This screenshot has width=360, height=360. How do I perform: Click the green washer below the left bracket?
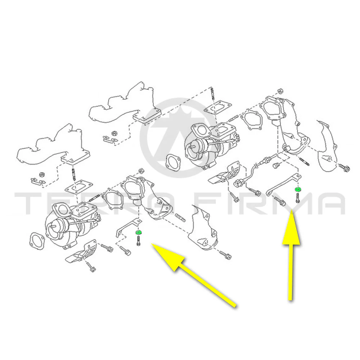139,232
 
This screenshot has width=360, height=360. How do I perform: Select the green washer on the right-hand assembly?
298,190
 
